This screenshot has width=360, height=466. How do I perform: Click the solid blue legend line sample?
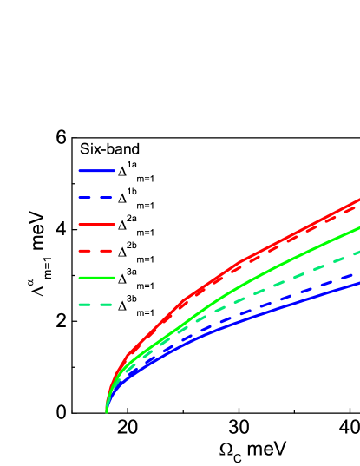(x=96, y=171)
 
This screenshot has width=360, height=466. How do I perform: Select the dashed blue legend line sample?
(x=96, y=198)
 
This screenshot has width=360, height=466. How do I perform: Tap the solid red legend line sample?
(x=96, y=224)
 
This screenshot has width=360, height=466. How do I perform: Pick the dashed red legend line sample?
(x=96, y=251)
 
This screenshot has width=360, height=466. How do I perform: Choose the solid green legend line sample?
(x=96, y=278)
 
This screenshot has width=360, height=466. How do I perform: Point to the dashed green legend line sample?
(x=96, y=305)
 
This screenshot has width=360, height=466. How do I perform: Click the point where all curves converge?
(x=107, y=411)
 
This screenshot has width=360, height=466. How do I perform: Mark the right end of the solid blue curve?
(x=358, y=282)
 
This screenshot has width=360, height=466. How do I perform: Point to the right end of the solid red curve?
(x=358, y=200)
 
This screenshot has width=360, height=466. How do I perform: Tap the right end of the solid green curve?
(x=358, y=227)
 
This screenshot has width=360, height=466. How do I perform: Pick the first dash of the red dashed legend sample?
(x=85, y=251)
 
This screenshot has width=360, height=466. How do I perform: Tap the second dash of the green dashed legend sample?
(x=106, y=305)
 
